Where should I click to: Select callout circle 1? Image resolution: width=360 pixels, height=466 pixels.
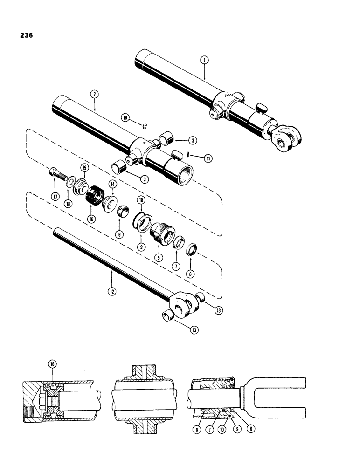[204, 60]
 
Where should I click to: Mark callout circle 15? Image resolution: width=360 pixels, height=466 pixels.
[85, 167]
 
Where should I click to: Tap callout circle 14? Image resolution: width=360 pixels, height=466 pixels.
[112, 185]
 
